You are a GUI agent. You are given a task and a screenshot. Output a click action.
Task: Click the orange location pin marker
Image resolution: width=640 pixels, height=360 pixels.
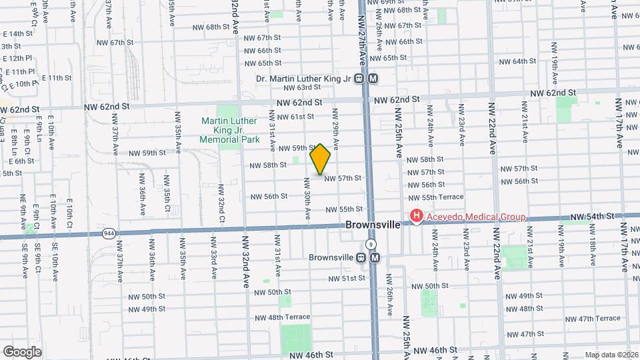321,159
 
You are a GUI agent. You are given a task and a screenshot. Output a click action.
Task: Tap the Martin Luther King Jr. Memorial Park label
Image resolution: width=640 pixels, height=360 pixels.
230,131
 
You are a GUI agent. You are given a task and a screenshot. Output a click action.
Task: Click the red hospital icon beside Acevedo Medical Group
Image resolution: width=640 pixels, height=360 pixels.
417,216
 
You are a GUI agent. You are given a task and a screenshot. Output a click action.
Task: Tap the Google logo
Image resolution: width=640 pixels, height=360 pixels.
22,351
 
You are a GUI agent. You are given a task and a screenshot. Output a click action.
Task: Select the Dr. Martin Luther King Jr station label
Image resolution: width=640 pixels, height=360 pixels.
303,78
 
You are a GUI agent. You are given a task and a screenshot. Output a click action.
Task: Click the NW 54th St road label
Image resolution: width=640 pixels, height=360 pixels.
592,217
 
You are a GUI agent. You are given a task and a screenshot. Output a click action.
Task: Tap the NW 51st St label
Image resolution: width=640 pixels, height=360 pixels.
346,278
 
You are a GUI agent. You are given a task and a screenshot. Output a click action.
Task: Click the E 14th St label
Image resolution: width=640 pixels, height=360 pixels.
17,33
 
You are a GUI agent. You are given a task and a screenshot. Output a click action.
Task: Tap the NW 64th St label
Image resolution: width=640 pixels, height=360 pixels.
528,61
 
